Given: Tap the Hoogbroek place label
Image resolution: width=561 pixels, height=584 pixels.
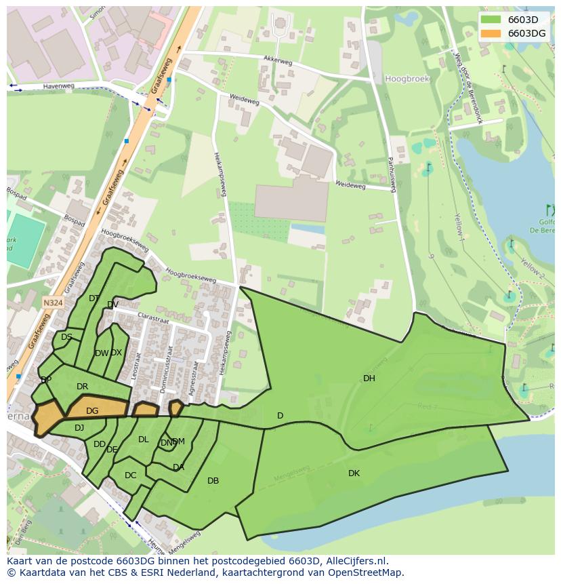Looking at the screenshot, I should [x=407, y=79].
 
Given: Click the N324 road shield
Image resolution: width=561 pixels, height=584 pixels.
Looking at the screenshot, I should [x=52, y=303].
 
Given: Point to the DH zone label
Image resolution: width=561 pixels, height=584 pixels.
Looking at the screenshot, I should [x=369, y=378].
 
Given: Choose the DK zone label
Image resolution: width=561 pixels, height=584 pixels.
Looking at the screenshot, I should [x=354, y=473].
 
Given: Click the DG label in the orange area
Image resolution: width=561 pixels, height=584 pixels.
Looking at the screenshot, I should [x=92, y=411].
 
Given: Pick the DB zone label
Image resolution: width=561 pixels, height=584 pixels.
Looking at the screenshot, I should [x=213, y=481].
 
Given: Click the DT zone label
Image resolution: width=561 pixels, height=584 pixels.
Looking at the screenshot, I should [x=93, y=298].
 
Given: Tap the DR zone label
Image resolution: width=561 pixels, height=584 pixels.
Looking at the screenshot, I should [x=82, y=387].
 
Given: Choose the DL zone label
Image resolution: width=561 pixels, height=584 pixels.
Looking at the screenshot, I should [x=143, y=440].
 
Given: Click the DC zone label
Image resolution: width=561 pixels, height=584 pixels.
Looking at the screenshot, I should [x=130, y=475].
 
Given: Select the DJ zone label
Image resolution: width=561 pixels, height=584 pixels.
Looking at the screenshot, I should [x=79, y=428].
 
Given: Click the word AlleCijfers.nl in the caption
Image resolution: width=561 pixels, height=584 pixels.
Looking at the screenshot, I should [x=354, y=561].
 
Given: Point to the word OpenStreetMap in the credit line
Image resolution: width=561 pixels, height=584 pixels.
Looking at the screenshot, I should [x=365, y=572].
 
